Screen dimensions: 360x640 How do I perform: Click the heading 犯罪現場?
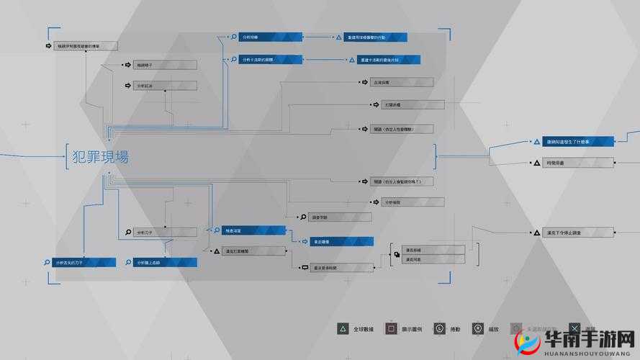[x=101, y=156]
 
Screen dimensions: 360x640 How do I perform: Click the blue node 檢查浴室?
[x=251, y=230]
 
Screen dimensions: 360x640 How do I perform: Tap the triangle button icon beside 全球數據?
[x=343, y=328]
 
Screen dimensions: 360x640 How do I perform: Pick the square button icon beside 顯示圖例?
[x=390, y=328]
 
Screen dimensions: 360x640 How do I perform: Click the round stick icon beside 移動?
[x=439, y=328]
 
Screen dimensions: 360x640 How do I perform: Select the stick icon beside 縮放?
[x=477, y=328]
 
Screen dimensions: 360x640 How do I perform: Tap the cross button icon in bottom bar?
[x=574, y=328]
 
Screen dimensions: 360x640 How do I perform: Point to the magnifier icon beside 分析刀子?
[x=128, y=232]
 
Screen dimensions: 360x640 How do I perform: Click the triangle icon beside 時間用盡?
[x=536, y=164]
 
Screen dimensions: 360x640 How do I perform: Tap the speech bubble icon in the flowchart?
[x=305, y=267]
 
